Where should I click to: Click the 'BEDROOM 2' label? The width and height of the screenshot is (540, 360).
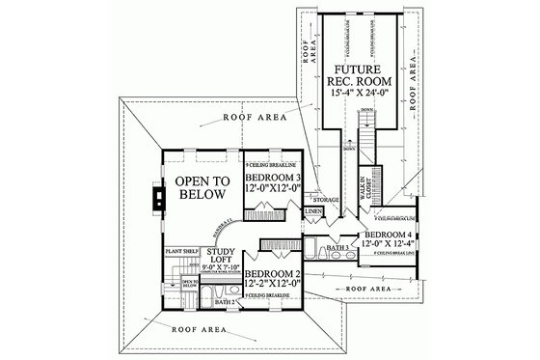(x=277, y=273)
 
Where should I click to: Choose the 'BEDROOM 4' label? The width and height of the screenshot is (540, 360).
(x=391, y=235)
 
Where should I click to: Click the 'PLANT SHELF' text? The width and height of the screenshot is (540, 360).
(x=182, y=251)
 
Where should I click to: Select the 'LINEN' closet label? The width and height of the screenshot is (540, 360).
(x=313, y=209)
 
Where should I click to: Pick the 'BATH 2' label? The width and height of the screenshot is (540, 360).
(x=225, y=301)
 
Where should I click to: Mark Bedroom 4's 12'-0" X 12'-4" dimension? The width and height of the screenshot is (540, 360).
(x=390, y=246)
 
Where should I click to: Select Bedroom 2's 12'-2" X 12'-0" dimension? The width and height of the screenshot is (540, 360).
(x=276, y=287)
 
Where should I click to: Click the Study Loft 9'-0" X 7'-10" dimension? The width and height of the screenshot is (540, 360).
(x=217, y=274)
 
